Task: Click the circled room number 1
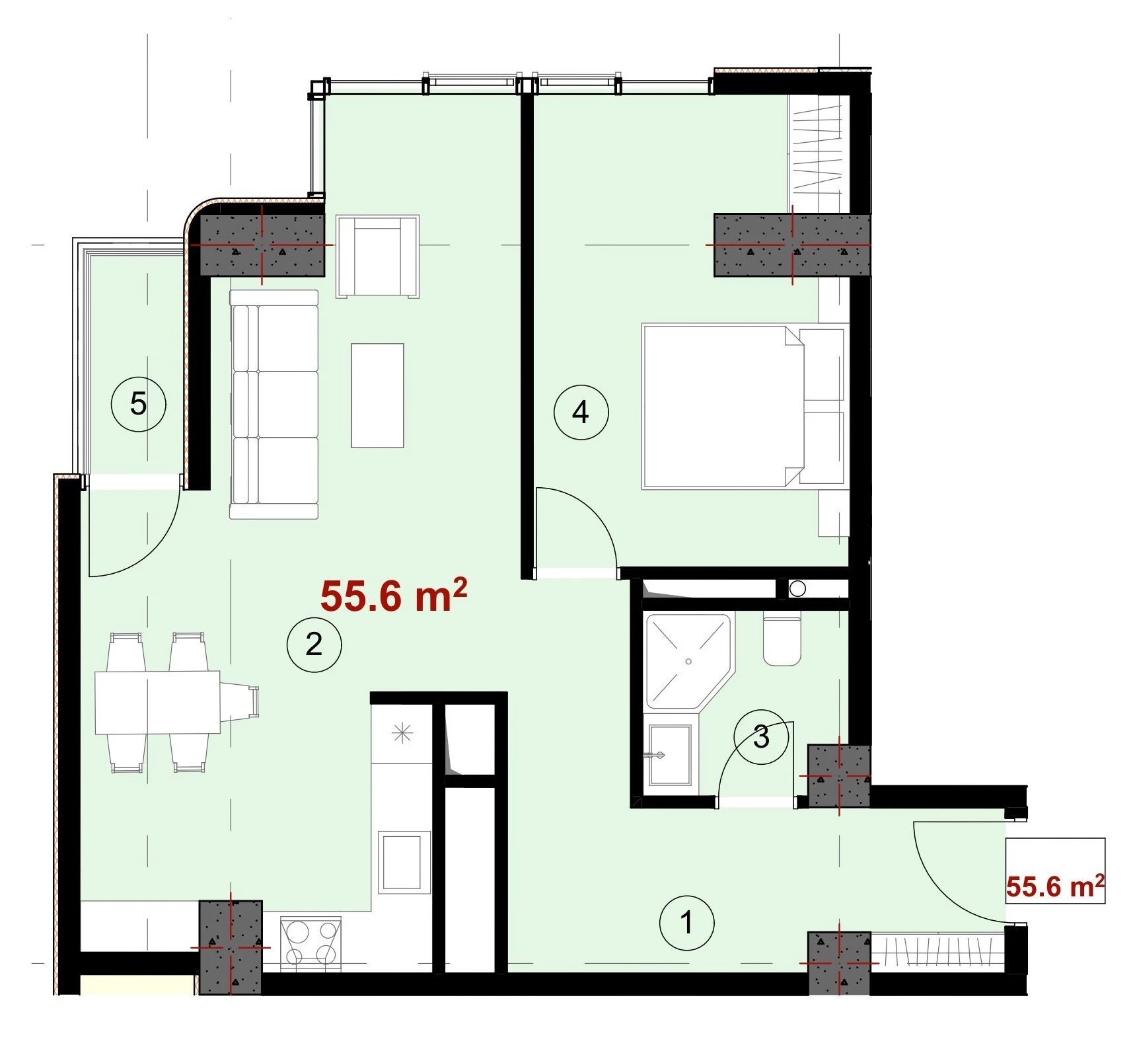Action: click(x=686, y=922)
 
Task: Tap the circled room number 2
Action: click(x=314, y=644)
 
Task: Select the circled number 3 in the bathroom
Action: click(x=761, y=736)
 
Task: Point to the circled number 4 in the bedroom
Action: click(x=580, y=412)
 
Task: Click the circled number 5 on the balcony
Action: click(x=138, y=403)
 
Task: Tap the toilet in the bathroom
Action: click(x=782, y=639)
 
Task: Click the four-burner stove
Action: click(x=310, y=943)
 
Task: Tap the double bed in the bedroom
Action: click(x=745, y=406)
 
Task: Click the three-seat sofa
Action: click(x=274, y=404)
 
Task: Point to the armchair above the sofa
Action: click(x=377, y=256)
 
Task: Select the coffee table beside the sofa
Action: click(x=377, y=395)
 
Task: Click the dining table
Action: click(x=157, y=702)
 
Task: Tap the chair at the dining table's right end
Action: click(x=239, y=702)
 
